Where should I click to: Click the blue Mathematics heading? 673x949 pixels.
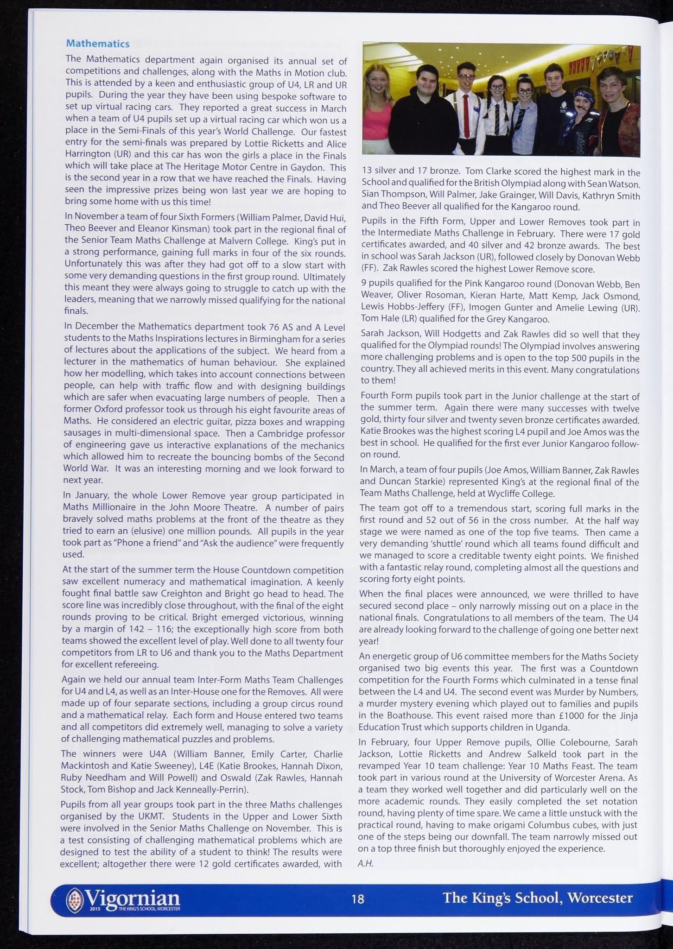pos(97,44)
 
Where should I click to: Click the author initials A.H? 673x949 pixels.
pos(366,863)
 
